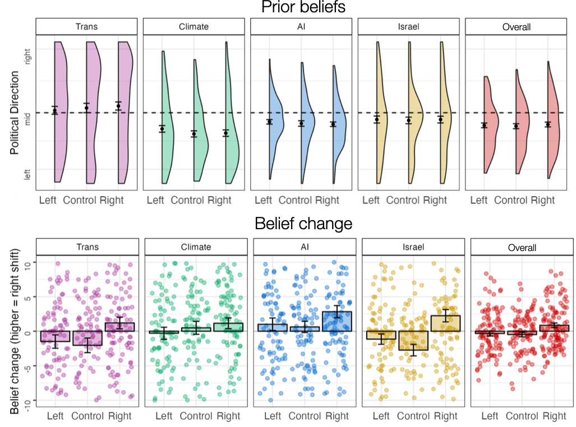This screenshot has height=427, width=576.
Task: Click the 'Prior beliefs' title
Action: tap(303, 8)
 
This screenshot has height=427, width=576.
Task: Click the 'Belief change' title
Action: tap(303, 224)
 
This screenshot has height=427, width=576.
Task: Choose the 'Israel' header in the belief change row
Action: tap(412, 247)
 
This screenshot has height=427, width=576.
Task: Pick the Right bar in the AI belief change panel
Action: tap(337, 321)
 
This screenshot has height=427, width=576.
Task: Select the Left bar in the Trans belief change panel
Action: tap(55, 336)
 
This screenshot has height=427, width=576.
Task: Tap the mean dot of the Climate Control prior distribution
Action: tap(194, 134)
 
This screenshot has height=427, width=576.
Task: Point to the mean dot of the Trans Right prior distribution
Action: tap(118, 105)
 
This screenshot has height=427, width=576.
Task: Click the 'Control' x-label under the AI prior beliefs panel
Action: tap(295, 201)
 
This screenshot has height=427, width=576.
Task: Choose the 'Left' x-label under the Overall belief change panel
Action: tap(489, 416)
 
